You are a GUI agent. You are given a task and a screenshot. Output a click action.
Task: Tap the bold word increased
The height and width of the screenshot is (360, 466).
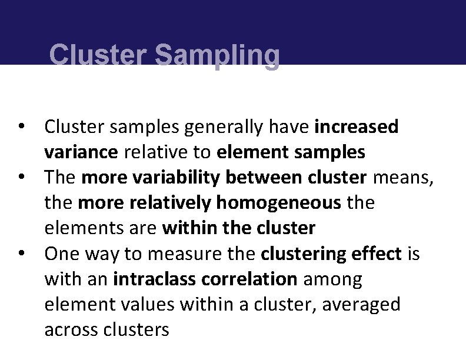(x=357, y=126)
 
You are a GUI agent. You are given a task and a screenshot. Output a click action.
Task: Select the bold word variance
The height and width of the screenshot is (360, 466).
(x=81, y=152)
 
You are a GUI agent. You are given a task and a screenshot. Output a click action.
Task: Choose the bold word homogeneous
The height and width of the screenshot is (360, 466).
(x=279, y=203)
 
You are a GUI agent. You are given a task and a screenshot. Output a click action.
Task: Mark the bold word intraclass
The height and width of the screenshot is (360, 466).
(x=148, y=279)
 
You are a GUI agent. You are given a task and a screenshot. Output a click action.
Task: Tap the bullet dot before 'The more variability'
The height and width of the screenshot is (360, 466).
(x=21, y=177)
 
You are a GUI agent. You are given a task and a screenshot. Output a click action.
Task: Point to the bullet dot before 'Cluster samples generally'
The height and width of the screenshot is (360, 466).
(x=21, y=126)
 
